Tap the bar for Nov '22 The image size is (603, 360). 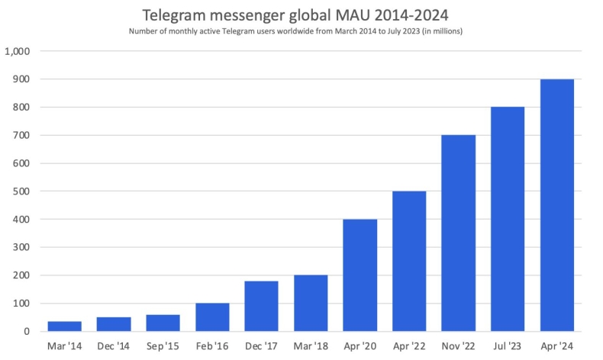coord(458,233)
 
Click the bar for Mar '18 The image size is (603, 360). coord(311,303)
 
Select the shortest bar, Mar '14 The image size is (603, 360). coord(64,326)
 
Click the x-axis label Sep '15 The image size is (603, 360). coord(163,346)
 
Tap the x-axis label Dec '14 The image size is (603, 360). coord(114,346)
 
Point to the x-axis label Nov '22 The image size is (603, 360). coord(458,346)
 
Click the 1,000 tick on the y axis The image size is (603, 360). coord(17,51)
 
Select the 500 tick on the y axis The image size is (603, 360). coord(21,191)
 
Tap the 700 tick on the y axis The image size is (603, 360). coord(21,135)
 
